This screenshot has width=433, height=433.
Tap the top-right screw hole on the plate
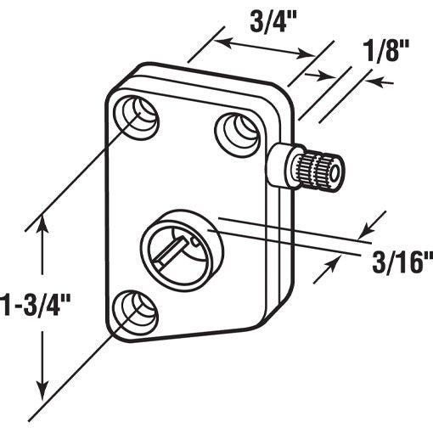(x=237, y=130)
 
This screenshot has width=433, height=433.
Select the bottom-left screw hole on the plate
(x=134, y=312)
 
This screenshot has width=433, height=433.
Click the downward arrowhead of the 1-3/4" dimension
(x=42, y=387)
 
